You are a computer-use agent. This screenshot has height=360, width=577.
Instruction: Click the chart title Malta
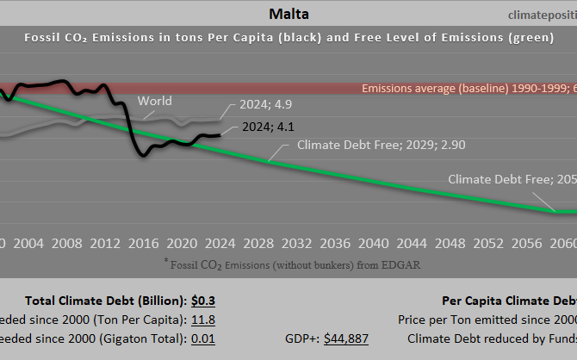(288, 14)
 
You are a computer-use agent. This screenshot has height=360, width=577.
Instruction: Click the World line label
(154, 102)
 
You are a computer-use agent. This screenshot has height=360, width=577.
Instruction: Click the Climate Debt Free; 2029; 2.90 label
(381, 145)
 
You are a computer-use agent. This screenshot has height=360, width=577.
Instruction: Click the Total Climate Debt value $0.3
(203, 301)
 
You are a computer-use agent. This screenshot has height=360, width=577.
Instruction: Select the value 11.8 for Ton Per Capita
(203, 320)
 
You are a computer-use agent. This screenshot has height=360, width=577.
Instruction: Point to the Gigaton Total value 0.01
(203, 338)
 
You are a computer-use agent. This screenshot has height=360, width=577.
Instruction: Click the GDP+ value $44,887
(346, 338)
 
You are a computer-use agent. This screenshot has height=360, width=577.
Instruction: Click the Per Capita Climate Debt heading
(509, 301)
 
